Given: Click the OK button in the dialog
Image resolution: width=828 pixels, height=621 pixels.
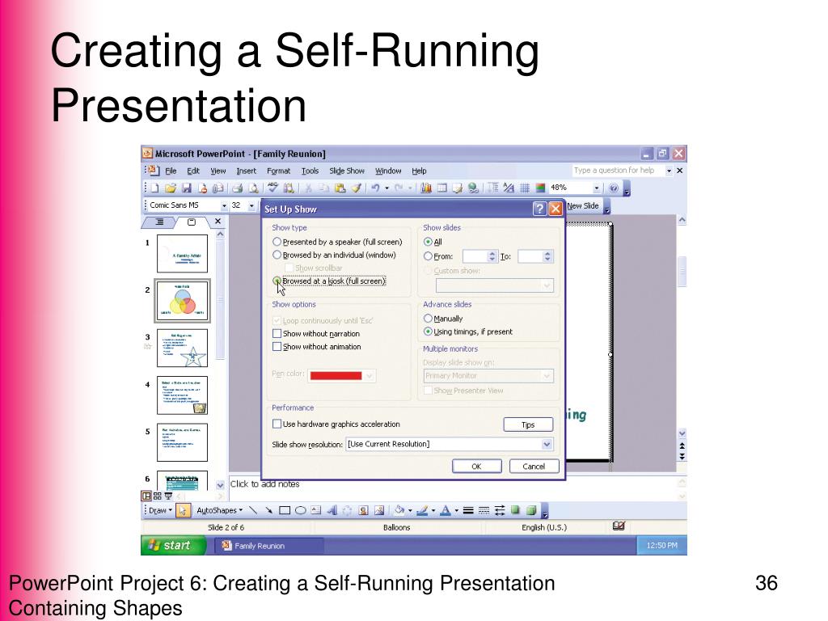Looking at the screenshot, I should (476, 466).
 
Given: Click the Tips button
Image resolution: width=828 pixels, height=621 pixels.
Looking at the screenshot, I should (527, 425).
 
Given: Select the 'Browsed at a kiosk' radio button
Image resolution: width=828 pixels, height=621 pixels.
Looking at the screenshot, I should (278, 281).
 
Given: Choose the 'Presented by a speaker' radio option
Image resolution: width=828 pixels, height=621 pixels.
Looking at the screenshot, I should (278, 242).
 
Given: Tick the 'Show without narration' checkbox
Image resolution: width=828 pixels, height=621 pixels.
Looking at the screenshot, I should (277, 334).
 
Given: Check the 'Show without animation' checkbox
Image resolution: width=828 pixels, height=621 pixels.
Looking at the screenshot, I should (277, 347).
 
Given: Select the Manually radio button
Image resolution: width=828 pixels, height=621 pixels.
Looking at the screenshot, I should (429, 319).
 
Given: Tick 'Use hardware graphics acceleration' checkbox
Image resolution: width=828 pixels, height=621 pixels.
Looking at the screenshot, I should (277, 425).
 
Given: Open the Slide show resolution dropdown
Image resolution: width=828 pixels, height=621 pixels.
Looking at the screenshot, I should (547, 444).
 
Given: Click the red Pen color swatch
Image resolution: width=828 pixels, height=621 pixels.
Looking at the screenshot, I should (336, 375).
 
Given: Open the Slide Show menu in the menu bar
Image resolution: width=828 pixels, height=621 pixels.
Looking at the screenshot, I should (346, 171).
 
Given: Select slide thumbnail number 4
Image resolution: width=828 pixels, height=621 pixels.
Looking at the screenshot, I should (182, 395).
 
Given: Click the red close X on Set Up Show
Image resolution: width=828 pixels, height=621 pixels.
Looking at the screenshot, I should (556, 209).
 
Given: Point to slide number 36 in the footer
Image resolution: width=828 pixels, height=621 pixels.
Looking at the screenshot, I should (766, 584).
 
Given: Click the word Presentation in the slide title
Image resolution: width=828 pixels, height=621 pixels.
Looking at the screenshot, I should (180, 106).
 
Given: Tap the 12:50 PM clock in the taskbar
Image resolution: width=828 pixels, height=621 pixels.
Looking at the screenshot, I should (661, 546).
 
